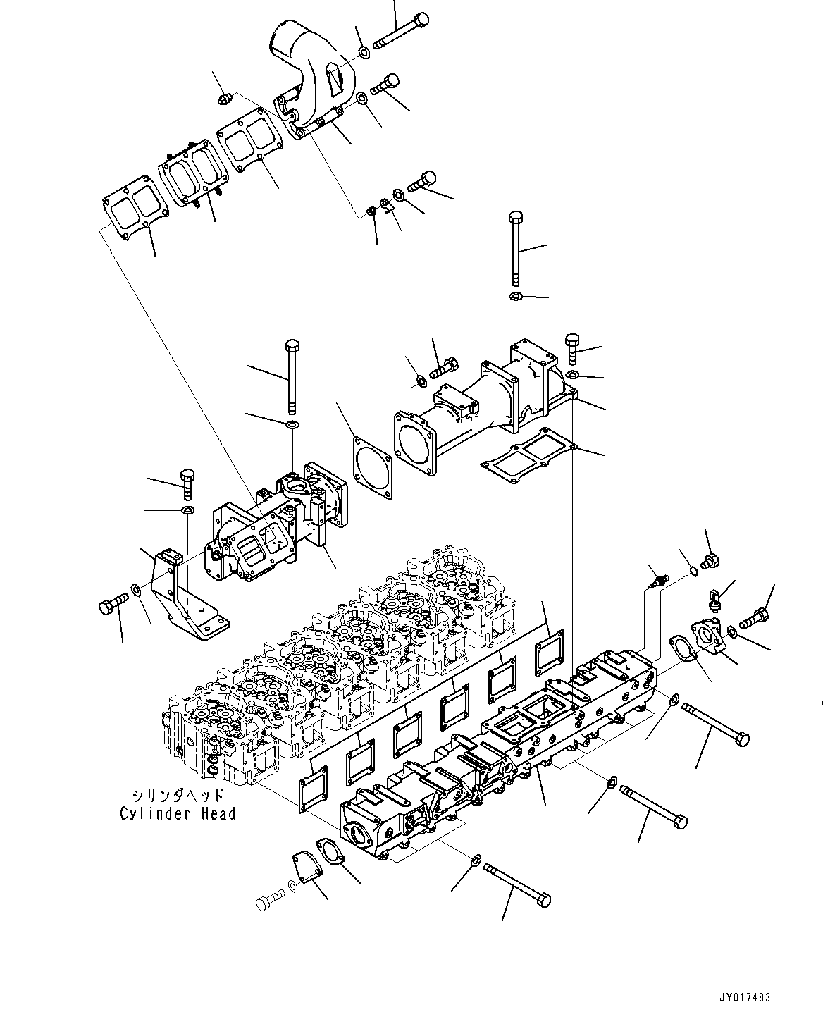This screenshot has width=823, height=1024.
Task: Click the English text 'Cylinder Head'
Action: pyautogui.click(x=178, y=814)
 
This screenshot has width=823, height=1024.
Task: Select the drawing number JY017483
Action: pyautogui.click(x=744, y=998)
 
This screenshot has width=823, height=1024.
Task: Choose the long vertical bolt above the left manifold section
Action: pyautogui.click(x=291, y=377)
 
